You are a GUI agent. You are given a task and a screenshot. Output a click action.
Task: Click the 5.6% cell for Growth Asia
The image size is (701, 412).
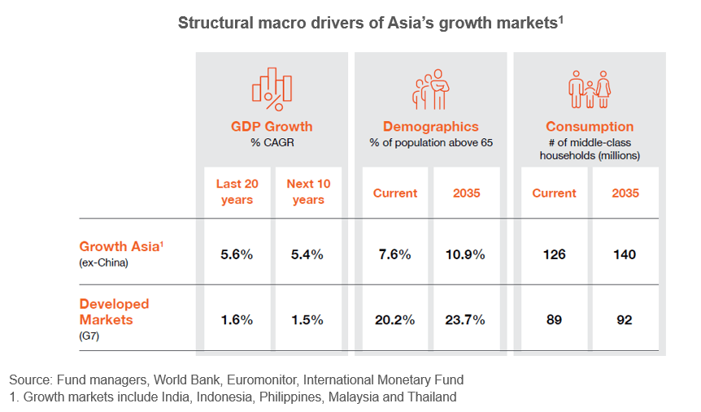(x=237, y=254)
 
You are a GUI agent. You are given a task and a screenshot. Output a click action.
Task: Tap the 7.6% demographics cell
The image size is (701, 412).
(x=394, y=254)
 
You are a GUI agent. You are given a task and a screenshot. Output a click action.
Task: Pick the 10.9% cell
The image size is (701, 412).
(x=466, y=254)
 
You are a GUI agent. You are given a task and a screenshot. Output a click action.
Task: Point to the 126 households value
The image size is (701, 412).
(x=554, y=254)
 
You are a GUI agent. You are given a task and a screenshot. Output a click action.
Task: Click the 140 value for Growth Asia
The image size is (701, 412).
(x=625, y=254)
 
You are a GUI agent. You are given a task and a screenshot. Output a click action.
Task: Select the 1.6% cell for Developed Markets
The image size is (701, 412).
(x=237, y=319)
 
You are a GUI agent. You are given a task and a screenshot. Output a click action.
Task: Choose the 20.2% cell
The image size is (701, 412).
(x=394, y=319)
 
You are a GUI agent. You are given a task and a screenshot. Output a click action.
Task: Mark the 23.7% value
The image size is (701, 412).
(x=466, y=319)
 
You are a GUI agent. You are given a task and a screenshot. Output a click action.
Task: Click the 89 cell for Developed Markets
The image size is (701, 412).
(x=554, y=319)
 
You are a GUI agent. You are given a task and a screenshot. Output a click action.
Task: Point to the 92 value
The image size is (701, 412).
(x=625, y=319)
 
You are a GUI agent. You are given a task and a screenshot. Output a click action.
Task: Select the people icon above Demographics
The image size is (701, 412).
(x=431, y=88)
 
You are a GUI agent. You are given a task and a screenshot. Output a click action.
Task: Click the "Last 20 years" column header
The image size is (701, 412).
(x=237, y=193)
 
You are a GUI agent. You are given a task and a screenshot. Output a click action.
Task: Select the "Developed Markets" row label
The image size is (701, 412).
(x=114, y=310)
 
